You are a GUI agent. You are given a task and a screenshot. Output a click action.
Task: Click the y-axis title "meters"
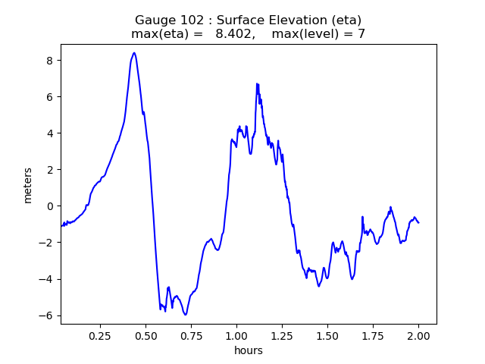(x=28, y=185)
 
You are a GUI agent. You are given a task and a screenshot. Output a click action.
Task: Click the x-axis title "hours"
(x=249, y=351)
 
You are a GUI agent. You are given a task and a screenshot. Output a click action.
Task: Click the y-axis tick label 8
(x=50, y=61)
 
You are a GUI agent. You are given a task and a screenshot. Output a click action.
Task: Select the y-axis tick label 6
(x=50, y=97)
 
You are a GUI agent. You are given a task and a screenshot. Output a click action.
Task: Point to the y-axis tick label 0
(x=50, y=206)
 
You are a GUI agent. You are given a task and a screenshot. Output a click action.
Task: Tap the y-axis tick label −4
(x=47, y=279)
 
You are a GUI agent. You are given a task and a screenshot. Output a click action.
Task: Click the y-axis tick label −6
(x=47, y=315)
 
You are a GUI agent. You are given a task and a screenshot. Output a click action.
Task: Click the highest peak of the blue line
(x=134, y=53)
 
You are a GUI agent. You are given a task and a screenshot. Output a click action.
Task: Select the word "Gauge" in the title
(x=155, y=20)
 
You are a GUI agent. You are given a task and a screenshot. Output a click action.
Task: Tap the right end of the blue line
(x=418, y=222)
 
